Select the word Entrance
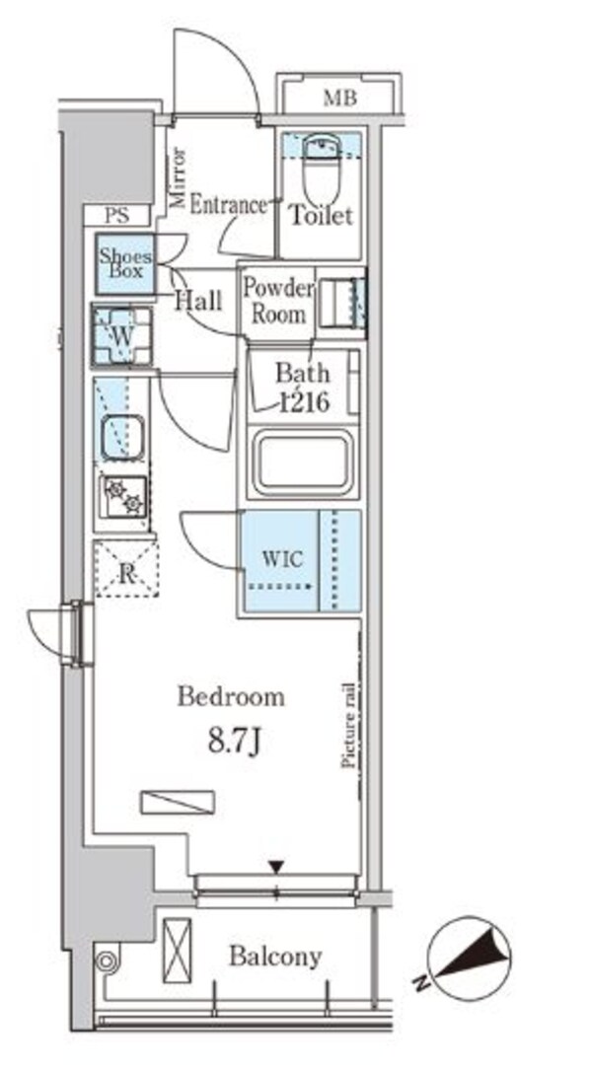[x=228, y=205]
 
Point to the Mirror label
[x=179, y=177]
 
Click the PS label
[x=116, y=216]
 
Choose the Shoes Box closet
[x=124, y=264]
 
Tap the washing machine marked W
[x=122, y=336]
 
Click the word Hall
[x=198, y=301]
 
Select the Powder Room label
[x=278, y=301]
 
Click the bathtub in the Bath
[x=302, y=463]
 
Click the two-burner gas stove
[x=123, y=494]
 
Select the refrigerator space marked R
[x=126, y=569]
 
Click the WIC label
[x=281, y=560]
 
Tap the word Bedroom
[x=231, y=697]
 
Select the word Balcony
[x=275, y=957]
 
